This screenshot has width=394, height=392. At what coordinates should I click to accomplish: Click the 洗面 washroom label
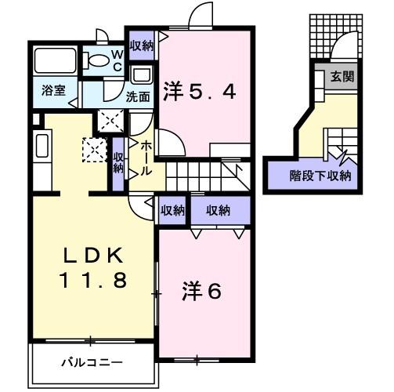click(139, 97)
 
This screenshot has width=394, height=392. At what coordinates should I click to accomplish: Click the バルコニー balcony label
click(92, 363)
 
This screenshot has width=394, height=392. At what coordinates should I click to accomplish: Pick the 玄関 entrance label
click(342, 76)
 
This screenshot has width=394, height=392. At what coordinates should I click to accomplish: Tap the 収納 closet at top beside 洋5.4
click(141, 44)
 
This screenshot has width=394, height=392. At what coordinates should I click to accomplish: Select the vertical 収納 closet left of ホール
click(118, 163)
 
